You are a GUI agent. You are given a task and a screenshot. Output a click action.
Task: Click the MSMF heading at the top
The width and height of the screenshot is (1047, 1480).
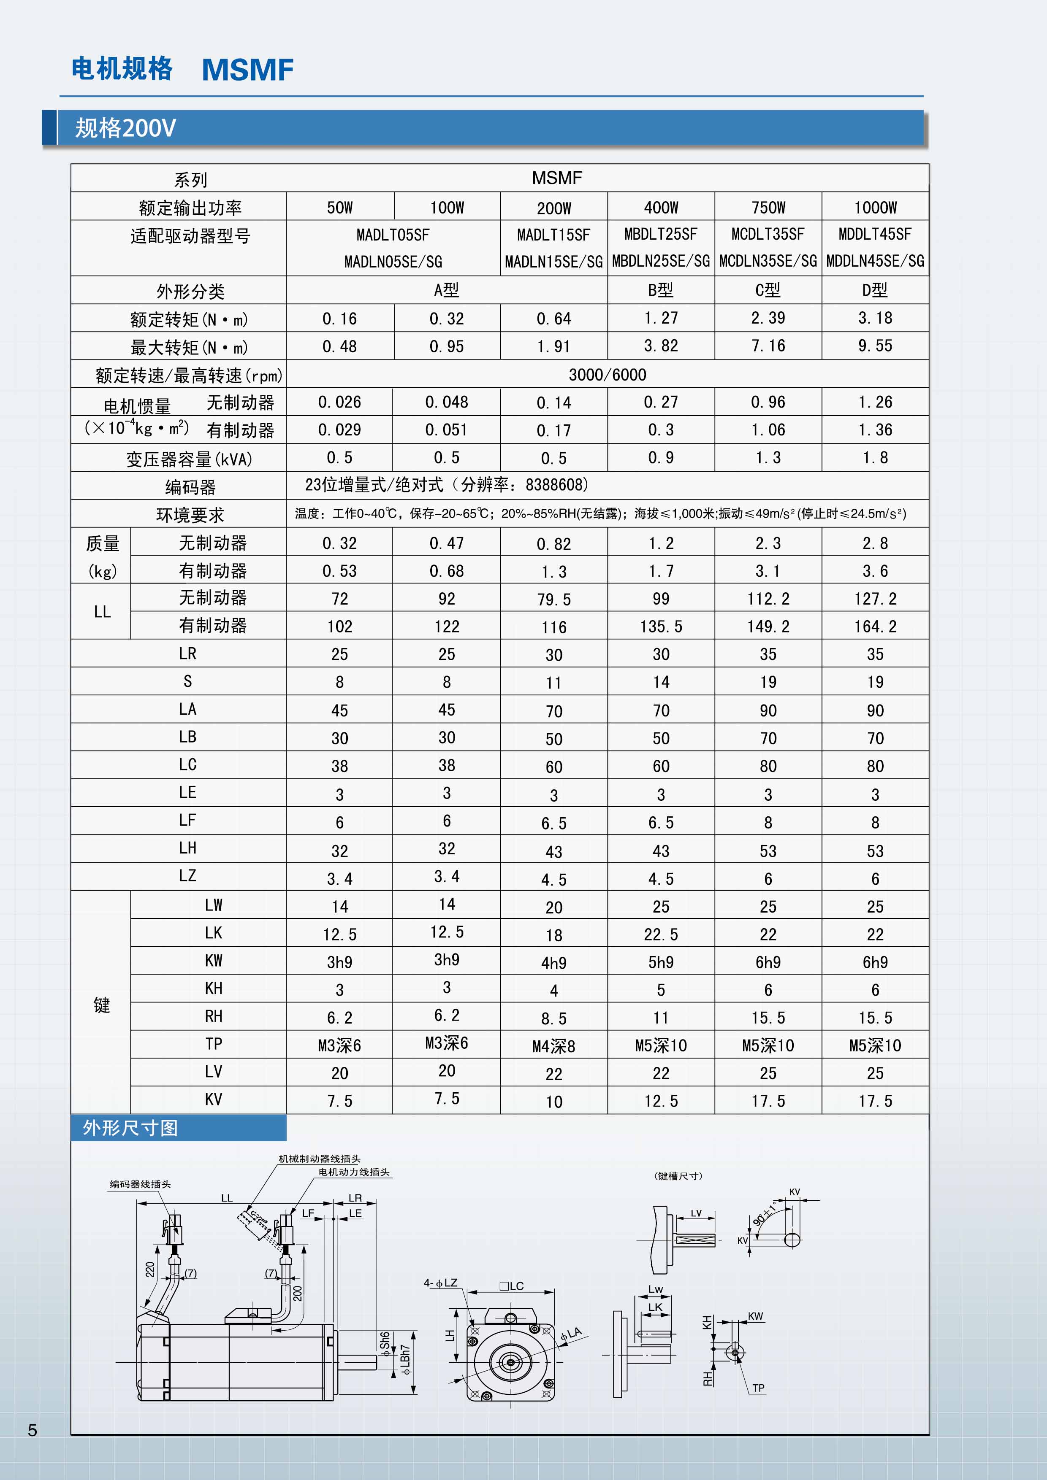(x=248, y=70)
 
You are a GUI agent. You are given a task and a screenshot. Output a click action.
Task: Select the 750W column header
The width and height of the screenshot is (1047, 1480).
(x=768, y=208)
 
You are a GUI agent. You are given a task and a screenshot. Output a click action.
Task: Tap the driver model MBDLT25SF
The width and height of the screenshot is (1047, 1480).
(x=661, y=234)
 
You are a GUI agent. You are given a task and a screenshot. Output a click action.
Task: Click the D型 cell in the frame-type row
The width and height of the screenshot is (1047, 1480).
(x=875, y=290)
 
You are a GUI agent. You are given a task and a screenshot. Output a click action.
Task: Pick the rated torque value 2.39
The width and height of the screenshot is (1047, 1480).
(x=768, y=318)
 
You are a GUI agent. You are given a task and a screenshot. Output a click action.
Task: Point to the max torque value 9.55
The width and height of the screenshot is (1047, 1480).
(x=875, y=346)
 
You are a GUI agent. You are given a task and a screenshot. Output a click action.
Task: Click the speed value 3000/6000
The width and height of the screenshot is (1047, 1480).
(x=607, y=375)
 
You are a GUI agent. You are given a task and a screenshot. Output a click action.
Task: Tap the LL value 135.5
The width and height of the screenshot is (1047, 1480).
(x=661, y=627)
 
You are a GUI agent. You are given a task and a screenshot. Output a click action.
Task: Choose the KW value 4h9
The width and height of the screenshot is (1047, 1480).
(x=553, y=963)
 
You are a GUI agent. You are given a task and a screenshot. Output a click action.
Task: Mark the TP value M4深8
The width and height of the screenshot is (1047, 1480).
(x=553, y=1046)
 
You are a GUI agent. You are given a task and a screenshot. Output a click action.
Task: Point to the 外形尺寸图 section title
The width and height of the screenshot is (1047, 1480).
(x=130, y=1128)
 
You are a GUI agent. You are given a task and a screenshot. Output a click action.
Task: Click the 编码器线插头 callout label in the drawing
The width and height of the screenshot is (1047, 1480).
(x=140, y=1184)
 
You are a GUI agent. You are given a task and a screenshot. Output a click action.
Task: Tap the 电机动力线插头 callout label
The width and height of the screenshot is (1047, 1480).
(x=353, y=1172)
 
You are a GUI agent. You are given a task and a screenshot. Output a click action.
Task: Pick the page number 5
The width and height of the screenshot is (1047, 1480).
(x=32, y=1430)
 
